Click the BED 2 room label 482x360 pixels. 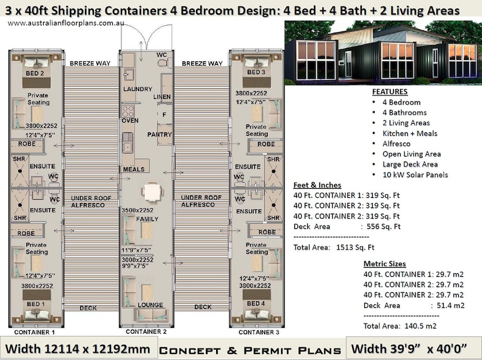pyautogui.click(x=35, y=73)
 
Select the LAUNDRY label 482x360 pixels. pyautogui.click(x=137, y=89)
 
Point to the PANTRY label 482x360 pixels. pyautogui.click(x=159, y=135)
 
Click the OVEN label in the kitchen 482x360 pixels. pyautogui.click(x=131, y=120)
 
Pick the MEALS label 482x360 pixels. pyautogui.click(x=134, y=169)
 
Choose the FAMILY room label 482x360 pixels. pyautogui.click(x=147, y=219)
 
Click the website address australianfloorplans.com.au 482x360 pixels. pyautogui.click(x=59, y=22)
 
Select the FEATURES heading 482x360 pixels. pyautogui.click(x=389, y=92)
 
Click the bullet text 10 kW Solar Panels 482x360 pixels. pyautogui.click(x=415, y=175)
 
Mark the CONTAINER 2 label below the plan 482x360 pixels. pyautogui.click(x=146, y=332)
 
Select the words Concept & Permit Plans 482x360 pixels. pyautogui.click(x=249, y=350)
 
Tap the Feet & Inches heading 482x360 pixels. pyautogui.click(x=317, y=185)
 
